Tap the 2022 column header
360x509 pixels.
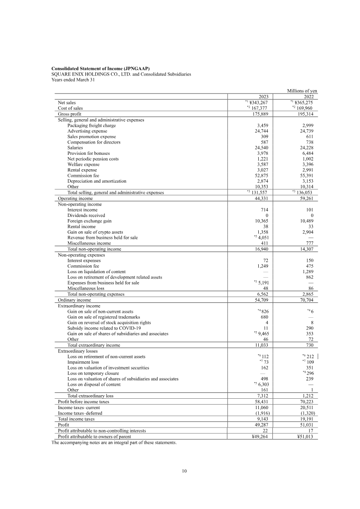click(308, 97)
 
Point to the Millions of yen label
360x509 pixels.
click(302, 90)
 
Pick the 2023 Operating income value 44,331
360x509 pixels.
click(262, 198)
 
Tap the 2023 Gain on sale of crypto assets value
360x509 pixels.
click(262, 232)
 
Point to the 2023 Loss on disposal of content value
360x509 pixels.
click(262, 384)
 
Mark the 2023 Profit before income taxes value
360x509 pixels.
click(262, 401)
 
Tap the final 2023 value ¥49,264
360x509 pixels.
click(261, 435)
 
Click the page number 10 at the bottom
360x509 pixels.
click(184, 471)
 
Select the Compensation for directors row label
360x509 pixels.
click(94, 142)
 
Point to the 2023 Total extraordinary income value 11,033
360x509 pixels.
click(262, 345)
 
